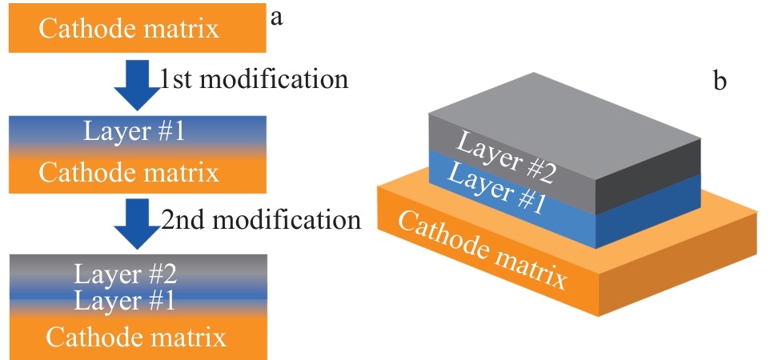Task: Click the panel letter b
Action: (719, 81)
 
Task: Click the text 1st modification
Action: (254, 80)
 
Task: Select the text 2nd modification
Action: (262, 218)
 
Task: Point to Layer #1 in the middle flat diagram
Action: (135, 130)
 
